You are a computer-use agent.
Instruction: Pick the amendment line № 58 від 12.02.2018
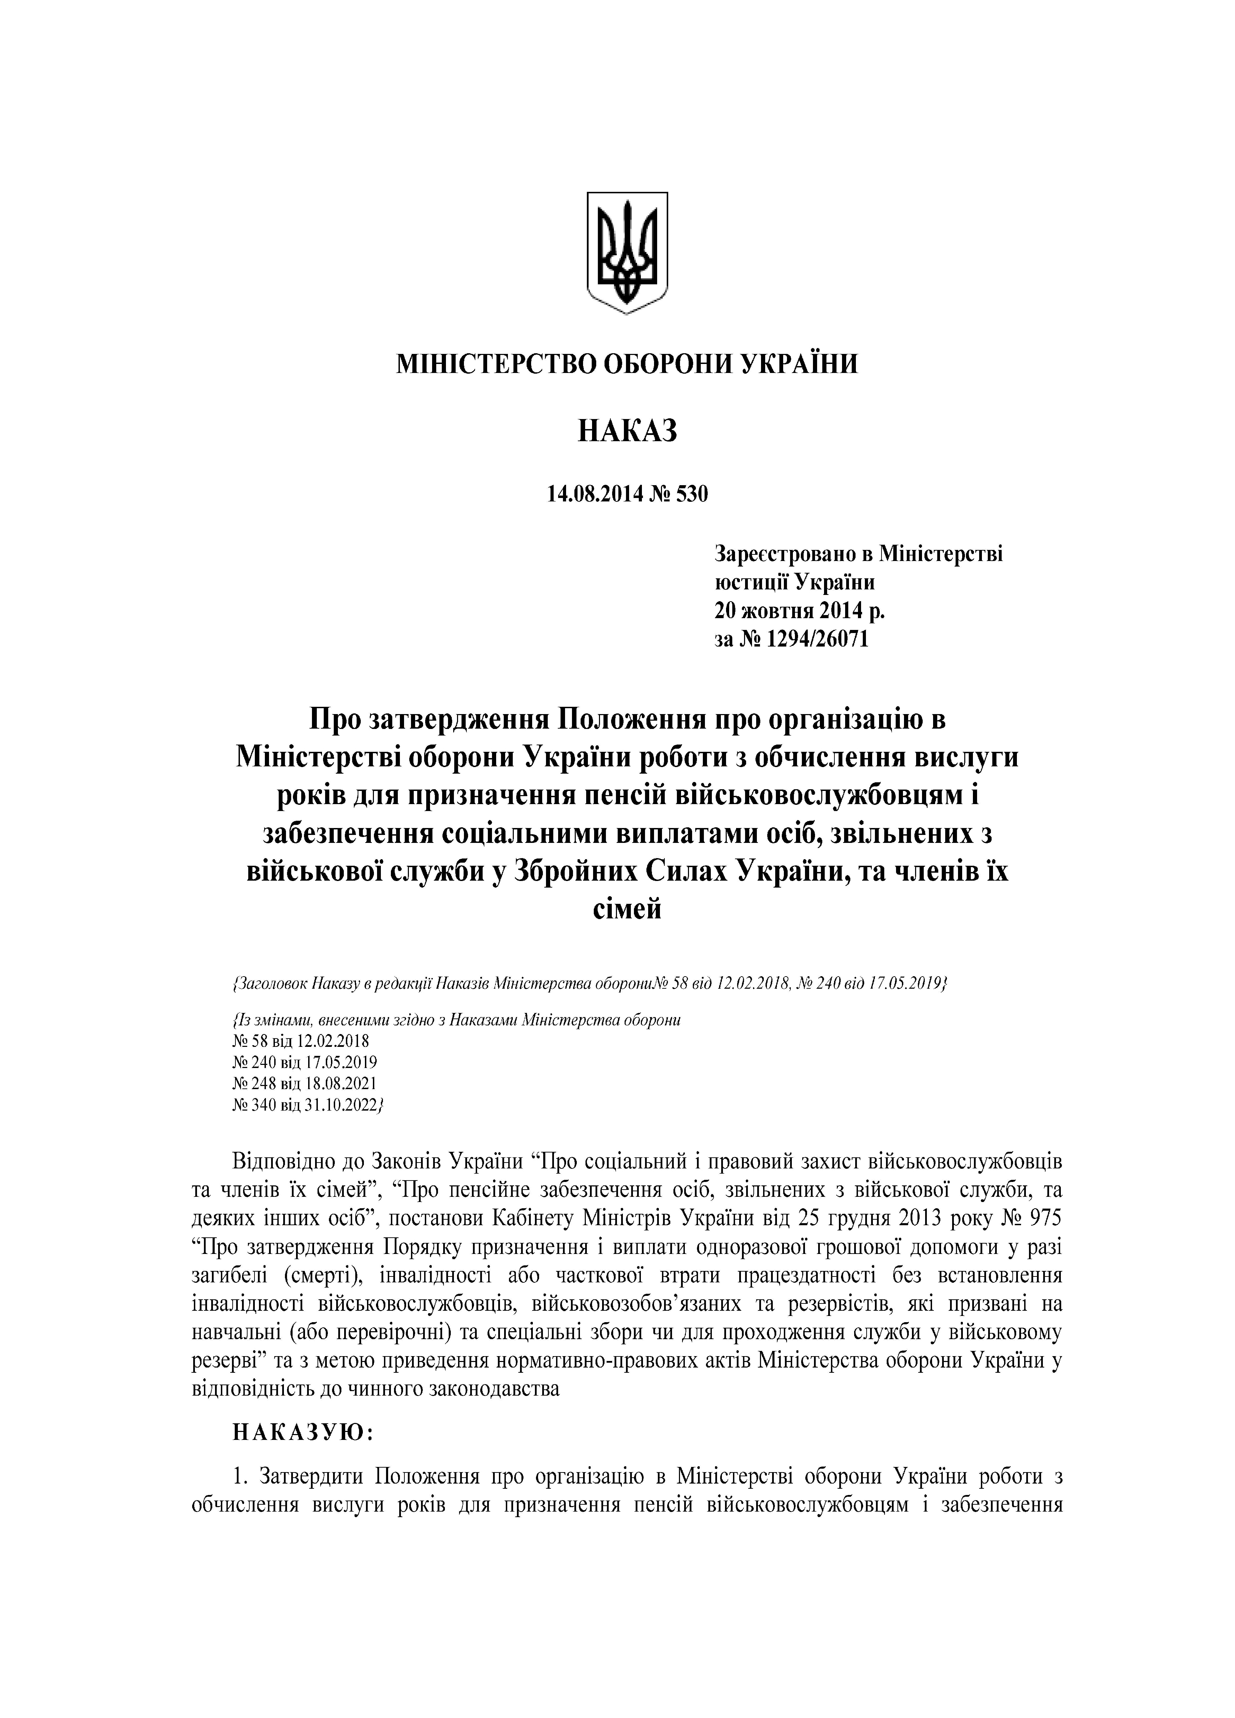301,1040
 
